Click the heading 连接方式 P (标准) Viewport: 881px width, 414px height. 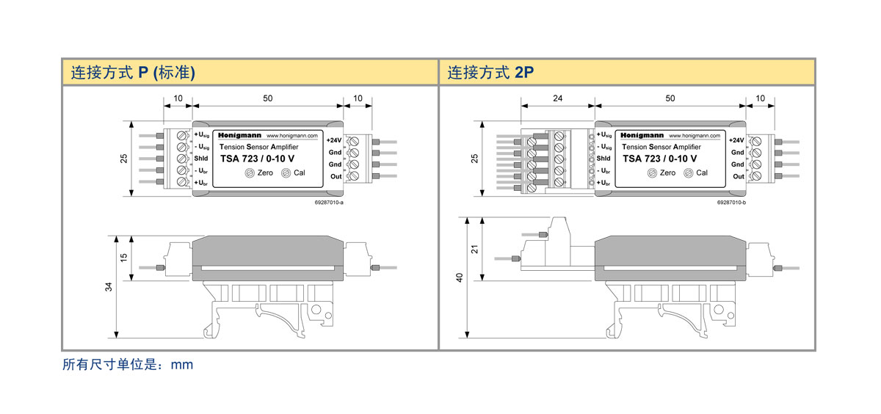pyautogui.click(x=132, y=73)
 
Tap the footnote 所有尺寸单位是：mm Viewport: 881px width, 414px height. pyautogui.click(x=128, y=364)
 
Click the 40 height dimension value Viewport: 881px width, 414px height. pyautogui.click(x=460, y=278)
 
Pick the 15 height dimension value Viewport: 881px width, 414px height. pyautogui.click(x=124, y=258)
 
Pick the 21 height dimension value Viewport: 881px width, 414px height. pyautogui.click(x=474, y=249)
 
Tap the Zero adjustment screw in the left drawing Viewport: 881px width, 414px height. pyautogui.click(x=250, y=173)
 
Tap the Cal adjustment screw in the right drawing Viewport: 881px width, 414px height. pyautogui.click(x=688, y=173)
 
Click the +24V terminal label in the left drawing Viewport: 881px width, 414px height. pyautogui.click(x=334, y=140)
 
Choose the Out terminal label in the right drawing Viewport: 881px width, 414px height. pyautogui.click(x=738, y=176)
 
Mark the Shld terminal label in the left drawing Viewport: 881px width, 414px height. pyautogui.click(x=202, y=159)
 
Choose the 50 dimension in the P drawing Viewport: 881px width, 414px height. pyautogui.click(x=267, y=98)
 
